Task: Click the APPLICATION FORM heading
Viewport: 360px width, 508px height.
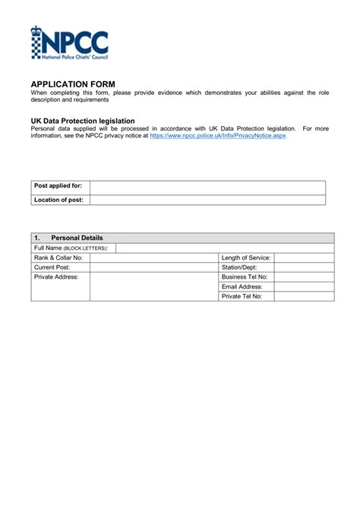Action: click(73, 84)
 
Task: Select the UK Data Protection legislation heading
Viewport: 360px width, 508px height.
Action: click(83, 121)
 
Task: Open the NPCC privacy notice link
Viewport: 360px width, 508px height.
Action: click(217, 136)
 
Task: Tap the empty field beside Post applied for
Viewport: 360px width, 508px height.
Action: click(207, 187)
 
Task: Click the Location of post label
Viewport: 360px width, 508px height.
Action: click(58, 200)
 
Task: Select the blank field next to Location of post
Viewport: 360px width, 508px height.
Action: click(207, 200)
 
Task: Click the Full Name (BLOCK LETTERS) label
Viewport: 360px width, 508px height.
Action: click(71, 248)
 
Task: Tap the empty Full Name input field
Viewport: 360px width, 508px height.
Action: click(224, 248)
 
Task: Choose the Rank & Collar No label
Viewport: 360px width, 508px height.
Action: click(58, 258)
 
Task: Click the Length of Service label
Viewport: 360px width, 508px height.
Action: click(246, 258)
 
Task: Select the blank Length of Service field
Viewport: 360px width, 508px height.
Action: click(303, 258)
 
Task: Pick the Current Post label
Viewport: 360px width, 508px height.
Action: click(52, 267)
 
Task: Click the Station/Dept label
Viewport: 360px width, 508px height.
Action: click(239, 267)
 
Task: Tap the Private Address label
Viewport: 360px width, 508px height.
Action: click(57, 277)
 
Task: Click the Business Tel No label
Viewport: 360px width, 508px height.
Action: click(245, 277)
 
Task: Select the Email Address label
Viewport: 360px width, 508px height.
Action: click(242, 287)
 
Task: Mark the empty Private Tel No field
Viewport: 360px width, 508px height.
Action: click(303, 296)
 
